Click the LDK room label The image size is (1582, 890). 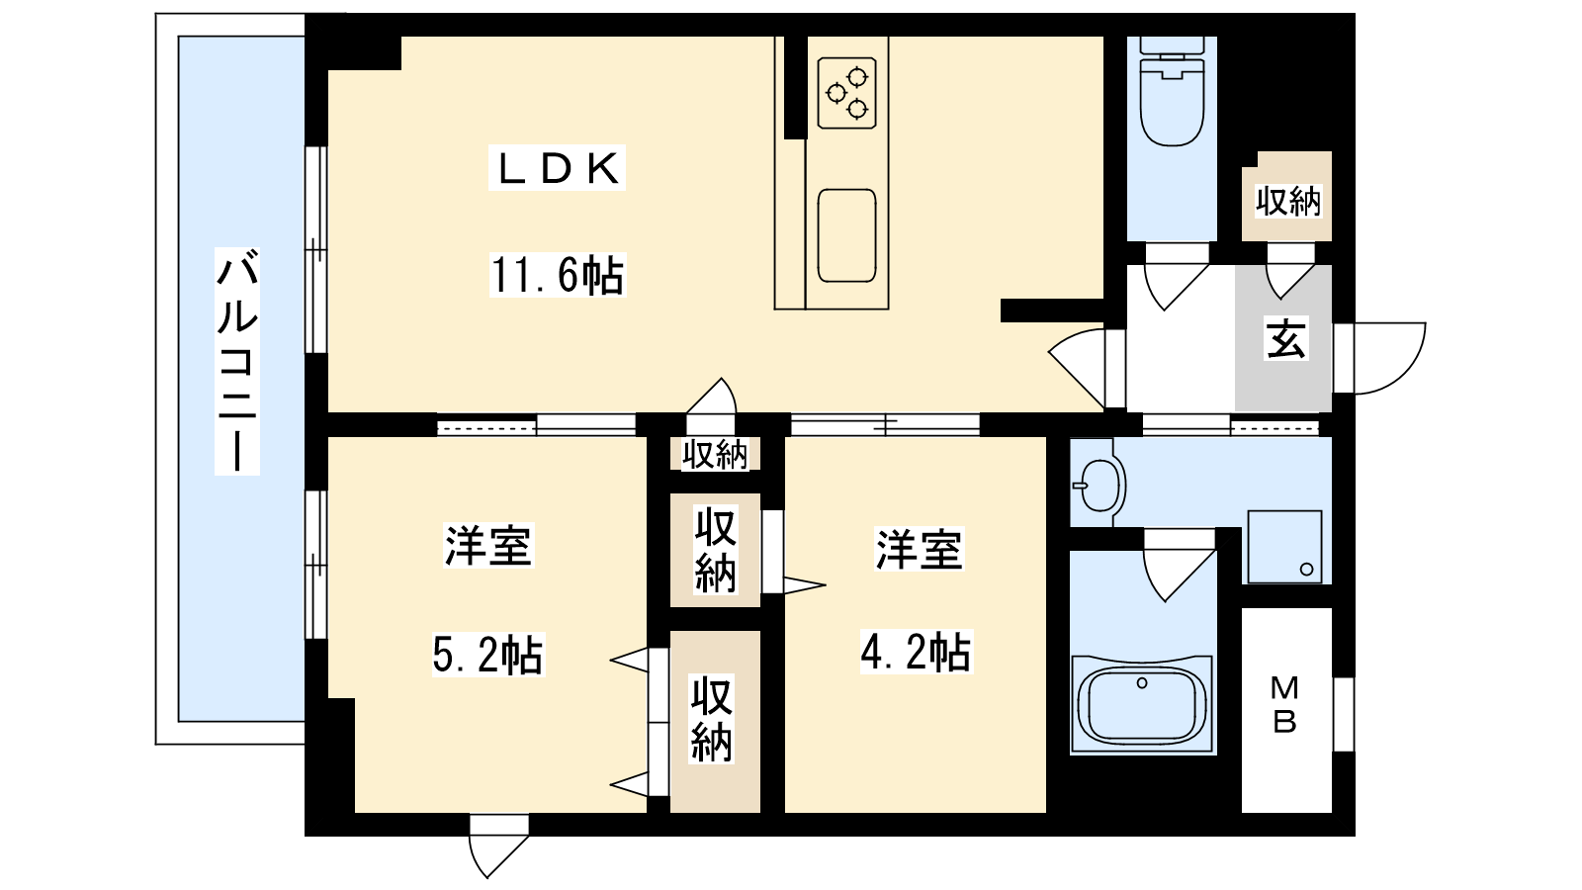tap(558, 169)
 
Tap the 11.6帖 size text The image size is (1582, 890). tap(558, 276)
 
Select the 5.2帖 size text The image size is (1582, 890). tap(487, 655)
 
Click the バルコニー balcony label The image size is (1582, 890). tap(237, 360)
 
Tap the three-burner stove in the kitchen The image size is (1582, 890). tap(846, 93)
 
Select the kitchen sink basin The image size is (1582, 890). tap(846, 235)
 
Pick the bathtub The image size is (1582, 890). tap(1142, 703)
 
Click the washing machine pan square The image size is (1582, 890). tap(1284, 547)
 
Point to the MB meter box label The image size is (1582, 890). tap(1284, 704)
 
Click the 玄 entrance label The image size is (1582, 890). tap(1284, 338)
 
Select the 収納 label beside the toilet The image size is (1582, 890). tap(1287, 202)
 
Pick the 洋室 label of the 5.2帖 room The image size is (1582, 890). tap(487, 546)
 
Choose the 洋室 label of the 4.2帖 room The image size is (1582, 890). tap(920, 550)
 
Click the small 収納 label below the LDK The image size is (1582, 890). tap(715, 454)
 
